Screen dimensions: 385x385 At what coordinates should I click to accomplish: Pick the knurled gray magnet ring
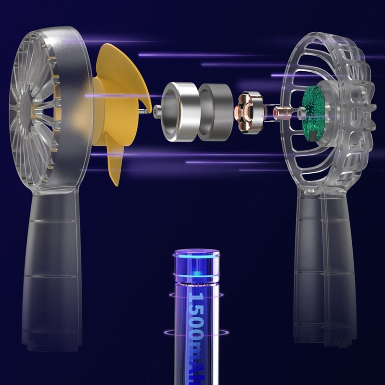[216, 112]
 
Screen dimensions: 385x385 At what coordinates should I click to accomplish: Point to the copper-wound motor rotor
[249, 113]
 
